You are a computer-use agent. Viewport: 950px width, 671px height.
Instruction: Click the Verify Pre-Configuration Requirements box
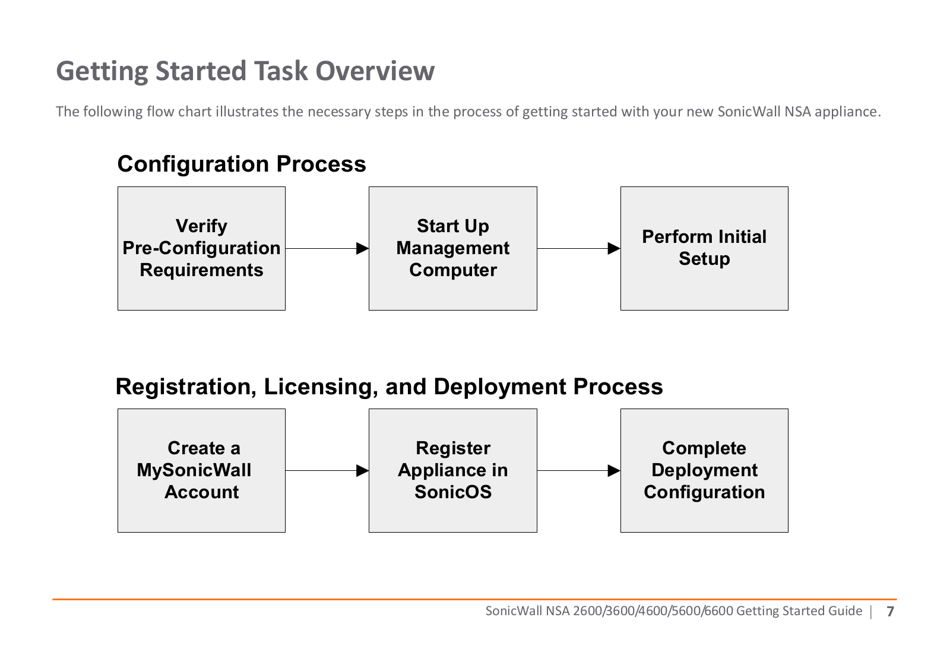click(x=201, y=249)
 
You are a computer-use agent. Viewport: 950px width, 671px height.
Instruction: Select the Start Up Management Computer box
click(x=453, y=249)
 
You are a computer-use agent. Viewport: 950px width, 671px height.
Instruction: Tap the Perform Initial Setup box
click(x=704, y=249)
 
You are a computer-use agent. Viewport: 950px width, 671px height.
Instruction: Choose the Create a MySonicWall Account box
click(x=201, y=470)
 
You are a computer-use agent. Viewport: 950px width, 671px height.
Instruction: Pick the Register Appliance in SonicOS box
click(x=453, y=470)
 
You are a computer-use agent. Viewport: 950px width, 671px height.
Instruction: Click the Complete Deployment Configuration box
click(x=704, y=470)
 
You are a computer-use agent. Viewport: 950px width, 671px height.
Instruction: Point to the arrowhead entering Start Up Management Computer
click(x=363, y=249)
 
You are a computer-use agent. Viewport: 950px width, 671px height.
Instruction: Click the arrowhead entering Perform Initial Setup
click(x=614, y=249)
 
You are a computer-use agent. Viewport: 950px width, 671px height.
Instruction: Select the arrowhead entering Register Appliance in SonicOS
click(x=363, y=470)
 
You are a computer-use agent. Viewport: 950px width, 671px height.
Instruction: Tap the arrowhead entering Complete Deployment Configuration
click(x=614, y=470)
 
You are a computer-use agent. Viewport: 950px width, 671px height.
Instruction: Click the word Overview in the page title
click(x=375, y=71)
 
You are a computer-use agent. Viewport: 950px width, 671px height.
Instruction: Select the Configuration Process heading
click(x=242, y=164)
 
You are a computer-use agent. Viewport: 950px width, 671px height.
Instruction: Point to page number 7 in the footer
click(x=890, y=611)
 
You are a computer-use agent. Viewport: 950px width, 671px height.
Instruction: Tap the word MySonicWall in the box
click(x=194, y=470)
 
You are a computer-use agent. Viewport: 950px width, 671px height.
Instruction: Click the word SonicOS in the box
click(x=453, y=492)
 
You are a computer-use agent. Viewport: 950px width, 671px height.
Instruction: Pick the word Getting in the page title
click(x=102, y=71)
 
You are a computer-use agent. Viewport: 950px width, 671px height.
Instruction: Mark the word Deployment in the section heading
click(x=499, y=387)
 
